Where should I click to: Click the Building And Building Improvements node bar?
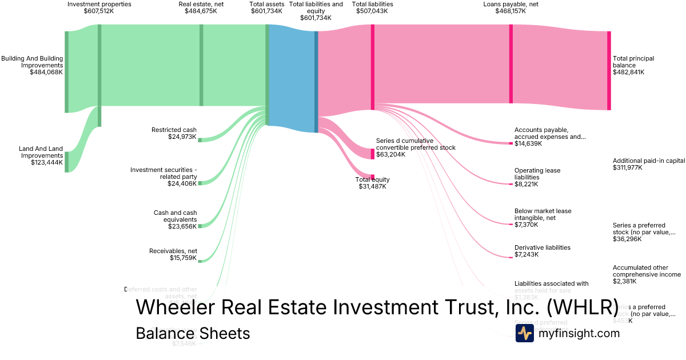point(66,72)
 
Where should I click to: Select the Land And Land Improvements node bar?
point(66,162)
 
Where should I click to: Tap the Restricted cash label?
point(174,130)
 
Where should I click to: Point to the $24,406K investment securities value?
point(182,183)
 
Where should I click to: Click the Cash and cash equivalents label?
point(175,216)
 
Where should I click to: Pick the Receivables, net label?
point(173,251)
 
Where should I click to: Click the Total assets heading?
point(266,4)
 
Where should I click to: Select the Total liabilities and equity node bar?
point(316,82)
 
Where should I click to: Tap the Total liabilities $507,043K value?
point(372,11)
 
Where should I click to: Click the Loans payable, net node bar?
point(510,64)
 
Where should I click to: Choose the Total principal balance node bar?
point(609,70)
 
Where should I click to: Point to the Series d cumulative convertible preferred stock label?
point(416,144)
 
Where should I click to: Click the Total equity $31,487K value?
point(373,186)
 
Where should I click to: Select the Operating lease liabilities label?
point(537,174)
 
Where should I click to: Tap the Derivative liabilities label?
point(542,247)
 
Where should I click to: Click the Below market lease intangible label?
point(543,214)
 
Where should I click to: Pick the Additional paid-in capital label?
point(648,161)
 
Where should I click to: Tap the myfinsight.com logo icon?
point(524,333)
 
